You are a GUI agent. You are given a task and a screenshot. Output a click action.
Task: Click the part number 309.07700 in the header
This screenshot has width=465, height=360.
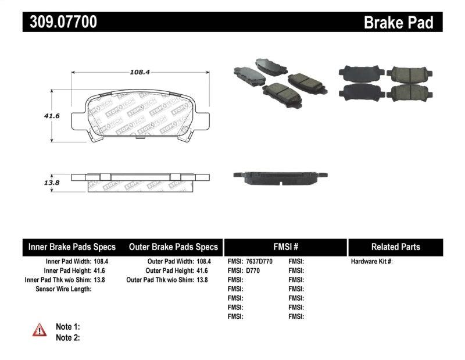coord(60,22)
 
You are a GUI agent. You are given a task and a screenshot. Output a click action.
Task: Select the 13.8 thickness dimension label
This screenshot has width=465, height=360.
coord(37,183)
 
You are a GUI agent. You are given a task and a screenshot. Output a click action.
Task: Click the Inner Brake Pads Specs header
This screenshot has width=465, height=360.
coord(72,247)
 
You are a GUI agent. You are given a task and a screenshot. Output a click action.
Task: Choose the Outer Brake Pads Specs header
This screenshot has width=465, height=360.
coord(173,247)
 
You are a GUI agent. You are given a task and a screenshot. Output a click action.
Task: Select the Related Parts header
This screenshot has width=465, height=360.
coord(396,247)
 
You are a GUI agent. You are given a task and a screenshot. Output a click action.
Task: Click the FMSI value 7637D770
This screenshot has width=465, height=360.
coord(259,262)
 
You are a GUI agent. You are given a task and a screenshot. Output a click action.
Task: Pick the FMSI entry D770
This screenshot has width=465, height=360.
coord(254,270)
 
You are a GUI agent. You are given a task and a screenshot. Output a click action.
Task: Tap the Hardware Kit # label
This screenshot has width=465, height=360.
coord(372,262)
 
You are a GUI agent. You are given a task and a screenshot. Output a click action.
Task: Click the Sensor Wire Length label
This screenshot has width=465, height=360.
coord(63,288)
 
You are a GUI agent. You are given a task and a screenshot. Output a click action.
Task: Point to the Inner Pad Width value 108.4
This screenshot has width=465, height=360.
coord(101,262)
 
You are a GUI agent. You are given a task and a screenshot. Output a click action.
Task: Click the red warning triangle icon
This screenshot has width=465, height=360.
coord(40,330)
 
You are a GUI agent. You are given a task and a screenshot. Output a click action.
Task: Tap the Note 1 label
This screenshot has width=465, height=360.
coord(67,327)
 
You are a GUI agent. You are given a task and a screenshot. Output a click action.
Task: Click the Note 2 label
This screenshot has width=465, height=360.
coord(67,337)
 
